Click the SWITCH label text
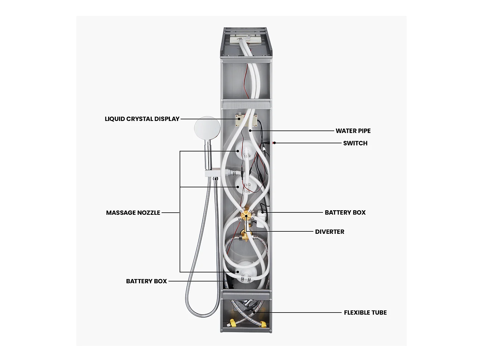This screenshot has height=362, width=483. (x=355, y=143)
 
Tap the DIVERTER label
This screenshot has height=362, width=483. (x=329, y=232)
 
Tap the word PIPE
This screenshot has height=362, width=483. (x=364, y=131)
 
